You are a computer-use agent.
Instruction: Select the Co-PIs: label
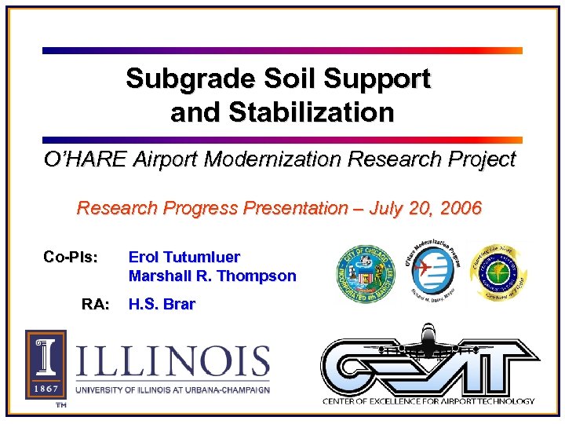[71, 257]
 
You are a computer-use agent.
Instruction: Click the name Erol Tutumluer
[184, 257]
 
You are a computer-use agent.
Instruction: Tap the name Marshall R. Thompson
[212, 276]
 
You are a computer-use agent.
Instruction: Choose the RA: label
[95, 304]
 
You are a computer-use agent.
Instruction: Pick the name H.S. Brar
[162, 304]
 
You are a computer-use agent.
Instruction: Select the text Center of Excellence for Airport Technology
[428, 401]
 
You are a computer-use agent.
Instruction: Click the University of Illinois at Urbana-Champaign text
[173, 389]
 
